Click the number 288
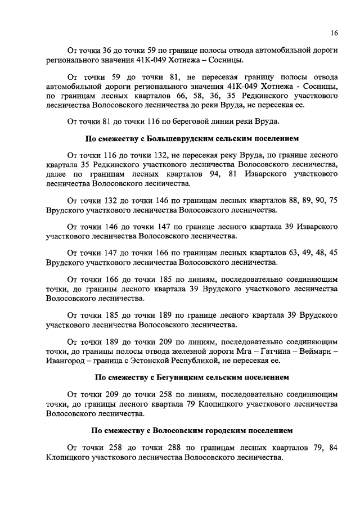point(177,448)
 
